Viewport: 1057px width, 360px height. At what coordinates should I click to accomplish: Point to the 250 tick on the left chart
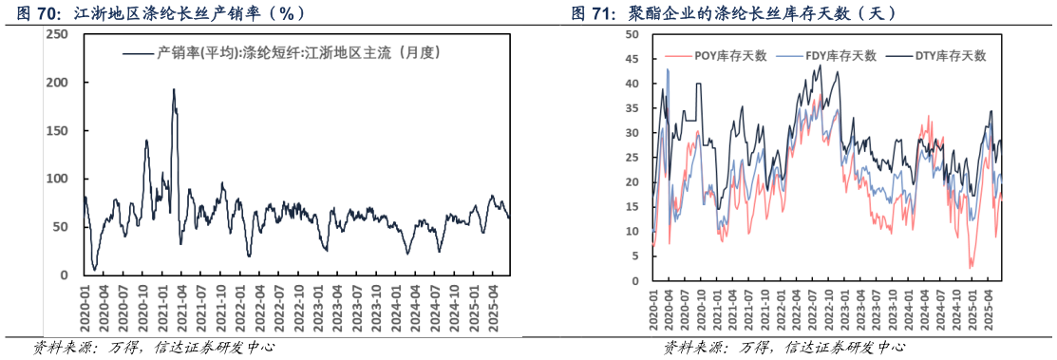pos(57,34)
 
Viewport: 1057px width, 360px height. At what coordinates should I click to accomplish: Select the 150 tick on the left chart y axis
pos(57,131)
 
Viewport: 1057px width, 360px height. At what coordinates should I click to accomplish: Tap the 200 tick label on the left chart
pos(57,83)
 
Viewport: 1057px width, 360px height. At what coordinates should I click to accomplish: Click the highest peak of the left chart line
pos(174,90)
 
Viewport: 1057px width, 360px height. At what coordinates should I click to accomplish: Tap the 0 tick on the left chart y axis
pos(64,275)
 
